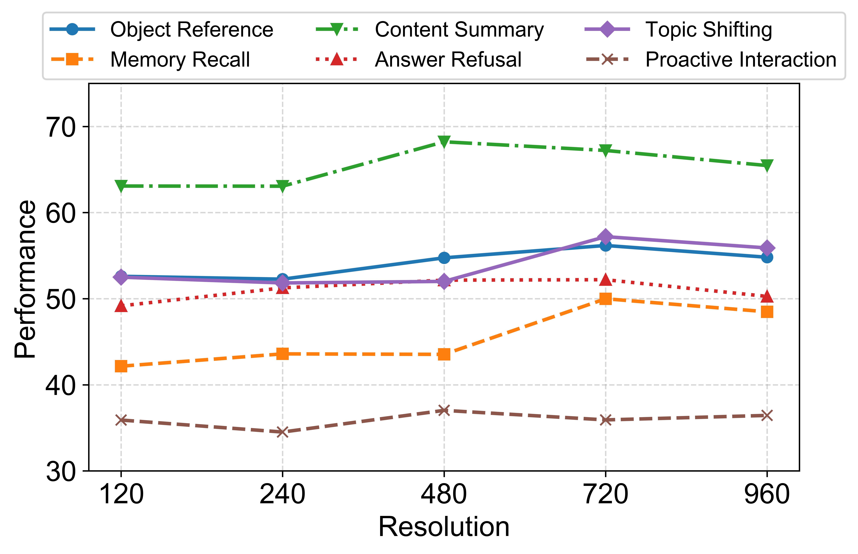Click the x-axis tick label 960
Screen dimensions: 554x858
(767, 495)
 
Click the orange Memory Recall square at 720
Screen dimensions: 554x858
(606, 299)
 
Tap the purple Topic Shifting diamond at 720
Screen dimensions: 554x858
(606, 237)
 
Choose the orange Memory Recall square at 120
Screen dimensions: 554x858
(121, 366)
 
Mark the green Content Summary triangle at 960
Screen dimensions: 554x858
(767, 165)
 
